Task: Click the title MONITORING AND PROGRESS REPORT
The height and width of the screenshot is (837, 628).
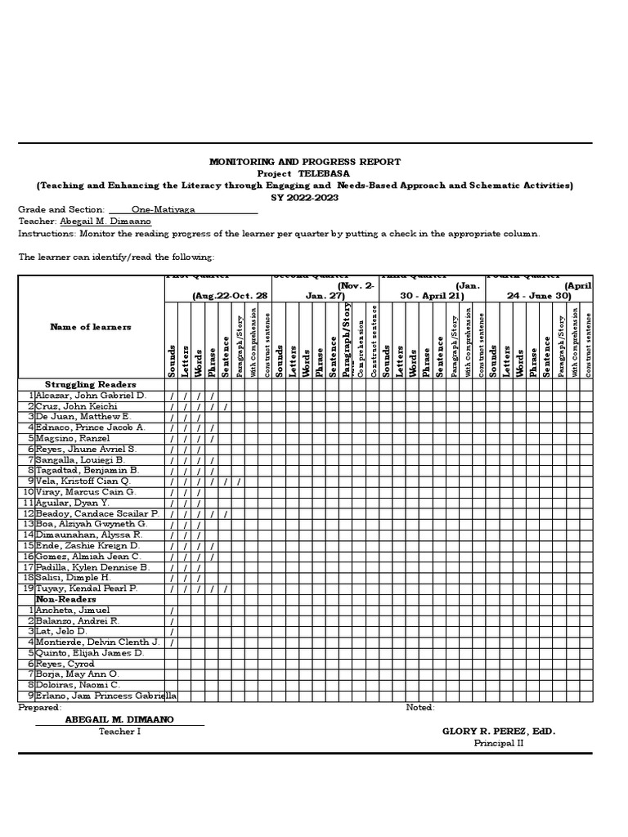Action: coord(305,163)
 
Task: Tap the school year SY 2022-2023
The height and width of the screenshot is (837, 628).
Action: coord(305,197)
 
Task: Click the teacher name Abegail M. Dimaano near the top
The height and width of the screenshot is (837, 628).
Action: coord(105,221)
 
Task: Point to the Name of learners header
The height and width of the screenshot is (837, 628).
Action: coord(91,327)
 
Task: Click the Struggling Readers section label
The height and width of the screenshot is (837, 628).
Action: coord(90,384)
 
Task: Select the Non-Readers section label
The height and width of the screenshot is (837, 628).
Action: coord(71,599)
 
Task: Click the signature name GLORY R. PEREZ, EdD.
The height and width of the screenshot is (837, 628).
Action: coord(498,732)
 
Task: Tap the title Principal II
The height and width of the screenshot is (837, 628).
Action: coord(497,743)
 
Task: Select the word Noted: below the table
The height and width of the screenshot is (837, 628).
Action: coord(420,707)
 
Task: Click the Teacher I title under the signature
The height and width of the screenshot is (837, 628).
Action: coord(120,732)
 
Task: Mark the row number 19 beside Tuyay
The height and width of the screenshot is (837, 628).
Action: coord(28,589)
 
